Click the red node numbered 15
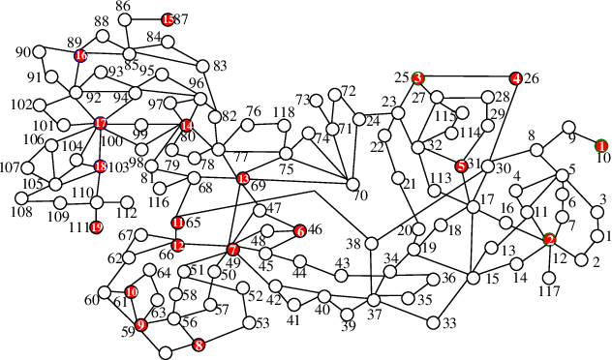click(x=168, y=19)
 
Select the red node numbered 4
click(x=515, y=77)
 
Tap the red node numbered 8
click(x=199, y=344)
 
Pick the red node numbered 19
click(x=96, y=227)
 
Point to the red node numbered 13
click(x=242, y=179)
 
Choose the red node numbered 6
click(x=299, y=230)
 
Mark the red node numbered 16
click(x=80, y=55)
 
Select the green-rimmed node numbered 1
click(x=601, y=145)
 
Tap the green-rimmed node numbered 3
click(x=418, y=77)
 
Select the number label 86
click(x=123, y=7)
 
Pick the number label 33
click(x=448, y=323)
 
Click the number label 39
click(x=349, y=325)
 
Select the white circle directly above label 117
click(x=550, y=264)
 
